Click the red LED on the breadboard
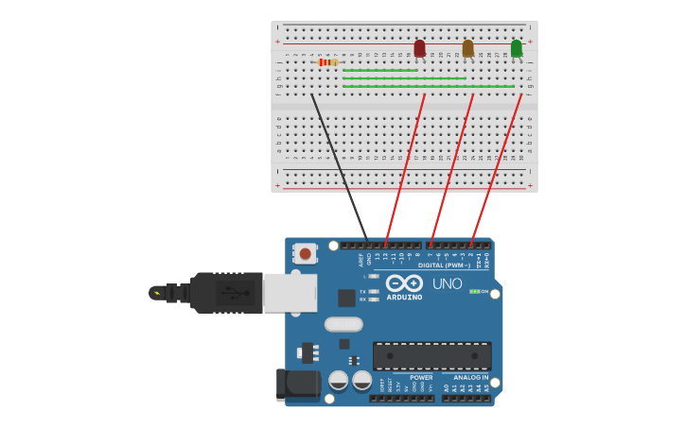pyautogui.click(x=419, y=48)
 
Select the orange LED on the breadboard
pyautogui.click(x=467, y=48)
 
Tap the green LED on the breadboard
pyautogui.click(x=516, y=48)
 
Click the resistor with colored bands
pyautogui.click(x=327, y=62)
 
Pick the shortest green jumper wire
pyautogui.click(x=379, y=70)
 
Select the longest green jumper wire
pyautogui.click(x=428, y=87)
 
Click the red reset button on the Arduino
pyautogui.click(x=305, y=253)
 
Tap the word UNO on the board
pyautogui.click(x=447, y=283)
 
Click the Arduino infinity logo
pyautogui.click(x=404, y=282)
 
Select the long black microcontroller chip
pyautogui.click(x=431, y=356)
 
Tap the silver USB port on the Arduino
pyautogui.click(x=289, y=292)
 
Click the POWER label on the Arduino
pyautogui.click(x=421, y=377)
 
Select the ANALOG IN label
pyautogui.click(x=470, y=377)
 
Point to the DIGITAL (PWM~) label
pyautogui.click(x=444, y=265)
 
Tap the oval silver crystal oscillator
pyautogui.click(x=343, y=324)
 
